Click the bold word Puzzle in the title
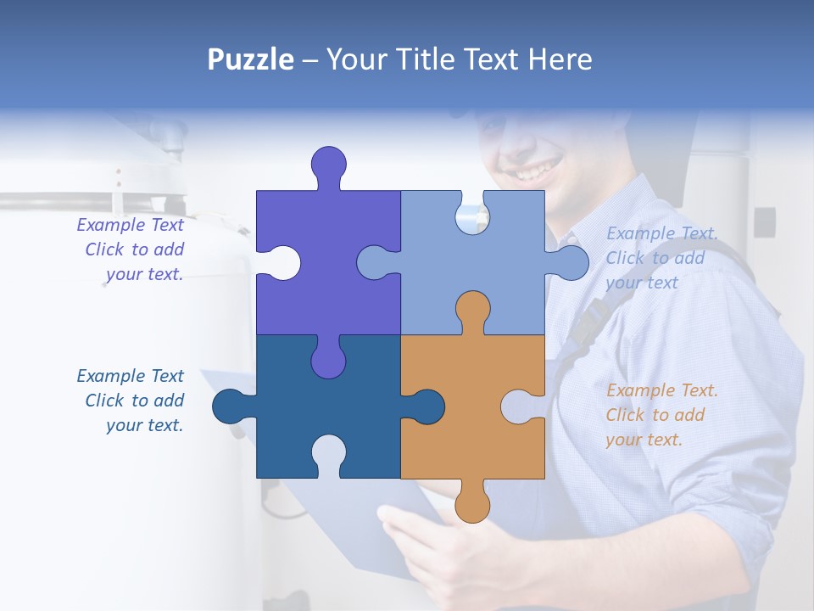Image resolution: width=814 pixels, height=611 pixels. coord(250,59)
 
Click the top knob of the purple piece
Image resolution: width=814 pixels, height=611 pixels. coord(329,165)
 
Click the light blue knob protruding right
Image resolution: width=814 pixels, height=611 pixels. coord(570,262)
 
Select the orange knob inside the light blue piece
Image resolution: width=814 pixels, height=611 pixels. coord(472,309)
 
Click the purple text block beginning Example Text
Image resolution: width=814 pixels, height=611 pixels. coord(131,249)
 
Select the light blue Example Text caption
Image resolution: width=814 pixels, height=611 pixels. coord(661,258)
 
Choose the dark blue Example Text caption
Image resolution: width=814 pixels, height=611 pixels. coord(131,401)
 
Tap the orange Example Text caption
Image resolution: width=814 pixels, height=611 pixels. coord(661,415)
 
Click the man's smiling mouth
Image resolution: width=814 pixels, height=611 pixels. coord(534,172)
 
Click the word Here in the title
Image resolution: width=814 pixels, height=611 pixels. coord(560,59)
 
